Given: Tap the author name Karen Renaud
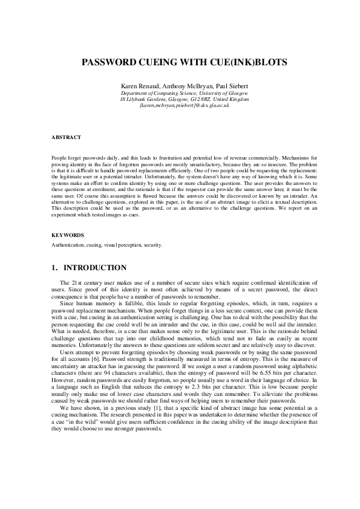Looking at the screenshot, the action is pyautogui.click(x=139, y=87).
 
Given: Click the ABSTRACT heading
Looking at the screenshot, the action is pyautogui.click(x=64, y=137).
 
